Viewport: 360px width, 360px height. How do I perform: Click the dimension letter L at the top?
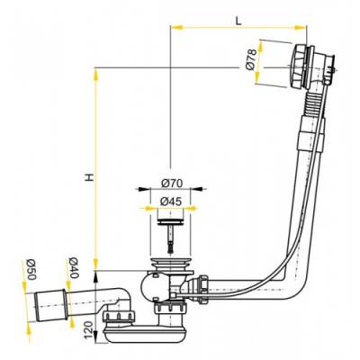point(238,20)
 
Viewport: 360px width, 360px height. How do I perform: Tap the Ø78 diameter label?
point(251,59)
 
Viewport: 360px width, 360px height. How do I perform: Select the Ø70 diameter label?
point(171,183)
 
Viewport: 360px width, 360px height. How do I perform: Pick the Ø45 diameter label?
point(171,202)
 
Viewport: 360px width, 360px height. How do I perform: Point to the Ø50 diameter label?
point(31,269)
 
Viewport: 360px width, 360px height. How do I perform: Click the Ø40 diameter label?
point(73,268)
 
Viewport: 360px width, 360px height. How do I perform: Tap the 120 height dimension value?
point(88,329)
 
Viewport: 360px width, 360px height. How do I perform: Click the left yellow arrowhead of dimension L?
point(176,27)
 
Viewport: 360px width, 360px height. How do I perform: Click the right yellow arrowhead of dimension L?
point(301,27)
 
